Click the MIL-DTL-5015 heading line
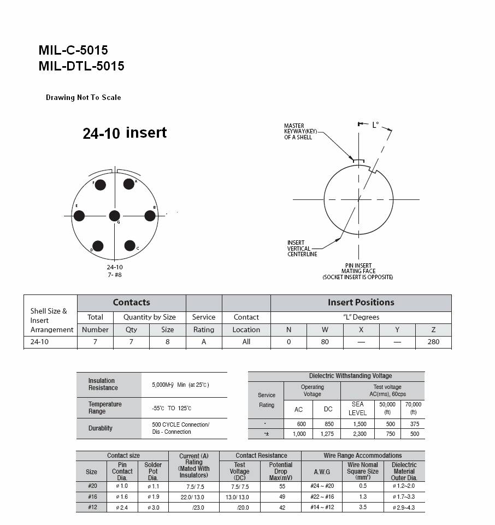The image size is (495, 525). (x=81, y=66)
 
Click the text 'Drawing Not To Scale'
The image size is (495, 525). (x=83, y=98)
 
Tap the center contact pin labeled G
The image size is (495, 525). (x=114, y=216)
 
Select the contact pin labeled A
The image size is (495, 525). (x=129, y=184)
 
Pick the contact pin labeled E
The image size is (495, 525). (x=79, y=216)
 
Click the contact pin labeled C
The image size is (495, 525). (x=130, y=246)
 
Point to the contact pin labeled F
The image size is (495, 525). (x=100, y=185)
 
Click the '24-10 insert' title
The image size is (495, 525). (x=125, y=133)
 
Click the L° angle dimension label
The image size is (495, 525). (x=375, y=125)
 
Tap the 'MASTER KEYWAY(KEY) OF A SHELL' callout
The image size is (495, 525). (x=298, y=131)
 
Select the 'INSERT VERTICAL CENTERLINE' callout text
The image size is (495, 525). (x=302, y=249)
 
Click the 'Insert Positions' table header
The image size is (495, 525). (x=361, y=303)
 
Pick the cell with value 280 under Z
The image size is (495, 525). (x=433, y=342)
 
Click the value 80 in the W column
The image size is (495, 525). (x=325, y=342)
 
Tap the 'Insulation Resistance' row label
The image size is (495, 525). (x=103, y=384)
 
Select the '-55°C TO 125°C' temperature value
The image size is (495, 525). (x=172, y=408)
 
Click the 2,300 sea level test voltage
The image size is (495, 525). (x=358, y=434)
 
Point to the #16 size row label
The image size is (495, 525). (x=92, y=497)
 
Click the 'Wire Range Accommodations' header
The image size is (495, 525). (x=362, y=456)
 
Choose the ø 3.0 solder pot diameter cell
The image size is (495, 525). (x=153, y=508)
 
